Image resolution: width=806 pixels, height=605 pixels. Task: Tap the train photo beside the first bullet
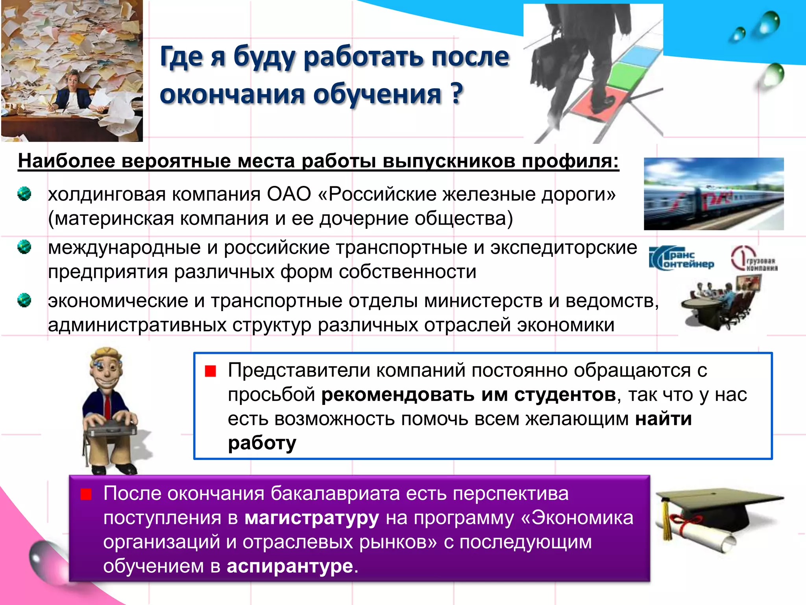[713, 194]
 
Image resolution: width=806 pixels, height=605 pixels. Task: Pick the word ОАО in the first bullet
[289, 194]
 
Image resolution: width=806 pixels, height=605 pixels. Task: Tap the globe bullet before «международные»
[24, 247]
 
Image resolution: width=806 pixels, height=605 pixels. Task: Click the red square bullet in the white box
[211, 371]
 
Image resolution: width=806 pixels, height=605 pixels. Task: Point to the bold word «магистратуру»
[312, 518]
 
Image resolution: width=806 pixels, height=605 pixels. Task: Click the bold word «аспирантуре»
[290, 566]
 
